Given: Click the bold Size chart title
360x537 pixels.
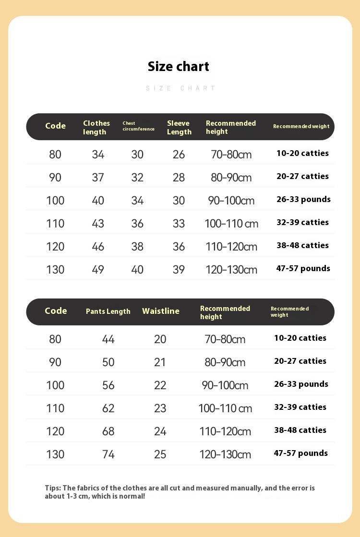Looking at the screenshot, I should coord(179,66).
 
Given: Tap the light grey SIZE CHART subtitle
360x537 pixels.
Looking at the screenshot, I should coord(180,88).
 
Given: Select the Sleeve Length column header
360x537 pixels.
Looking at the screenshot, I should coord(179,127).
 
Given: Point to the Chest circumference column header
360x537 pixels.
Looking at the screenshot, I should coord(138,126).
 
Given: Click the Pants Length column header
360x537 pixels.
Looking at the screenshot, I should coord(108,311).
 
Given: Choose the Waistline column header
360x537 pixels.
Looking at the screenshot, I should coord(161,311).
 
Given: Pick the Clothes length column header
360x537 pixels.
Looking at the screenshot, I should coord(96,127).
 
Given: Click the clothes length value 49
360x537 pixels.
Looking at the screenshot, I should coord(98,269).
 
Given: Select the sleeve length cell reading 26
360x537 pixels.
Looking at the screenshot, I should coord(179,155).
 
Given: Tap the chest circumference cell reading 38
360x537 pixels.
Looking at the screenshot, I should coord(137,246).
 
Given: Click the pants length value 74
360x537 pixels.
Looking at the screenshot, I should coord(108,454).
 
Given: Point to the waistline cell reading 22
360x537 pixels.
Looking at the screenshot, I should coord(160,385).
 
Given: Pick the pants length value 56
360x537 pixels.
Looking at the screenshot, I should coord(108,385).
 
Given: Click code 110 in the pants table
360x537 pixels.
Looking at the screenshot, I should coord(55,408).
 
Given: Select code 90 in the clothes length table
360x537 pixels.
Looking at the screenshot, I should coord(55,178).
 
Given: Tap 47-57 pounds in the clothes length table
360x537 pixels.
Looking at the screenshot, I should coord(303,268).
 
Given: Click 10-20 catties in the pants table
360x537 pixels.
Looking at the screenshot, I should coord(300,338).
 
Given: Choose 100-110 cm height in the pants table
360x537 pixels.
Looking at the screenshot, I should coord(225,408).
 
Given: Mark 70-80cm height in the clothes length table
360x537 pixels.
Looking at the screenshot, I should coord(231,155).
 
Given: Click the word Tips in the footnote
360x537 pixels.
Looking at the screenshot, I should coord(53,488).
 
